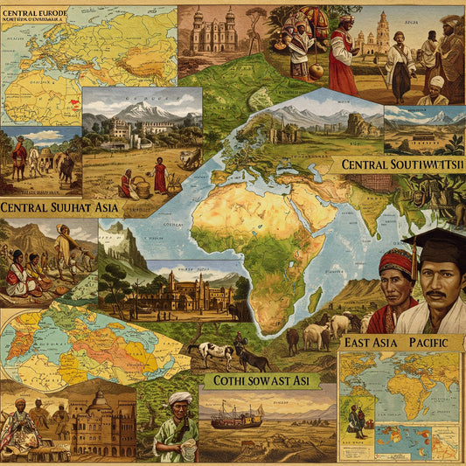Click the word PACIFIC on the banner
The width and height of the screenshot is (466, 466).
(426, 342)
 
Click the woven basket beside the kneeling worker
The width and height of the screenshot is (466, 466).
(140, 186)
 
